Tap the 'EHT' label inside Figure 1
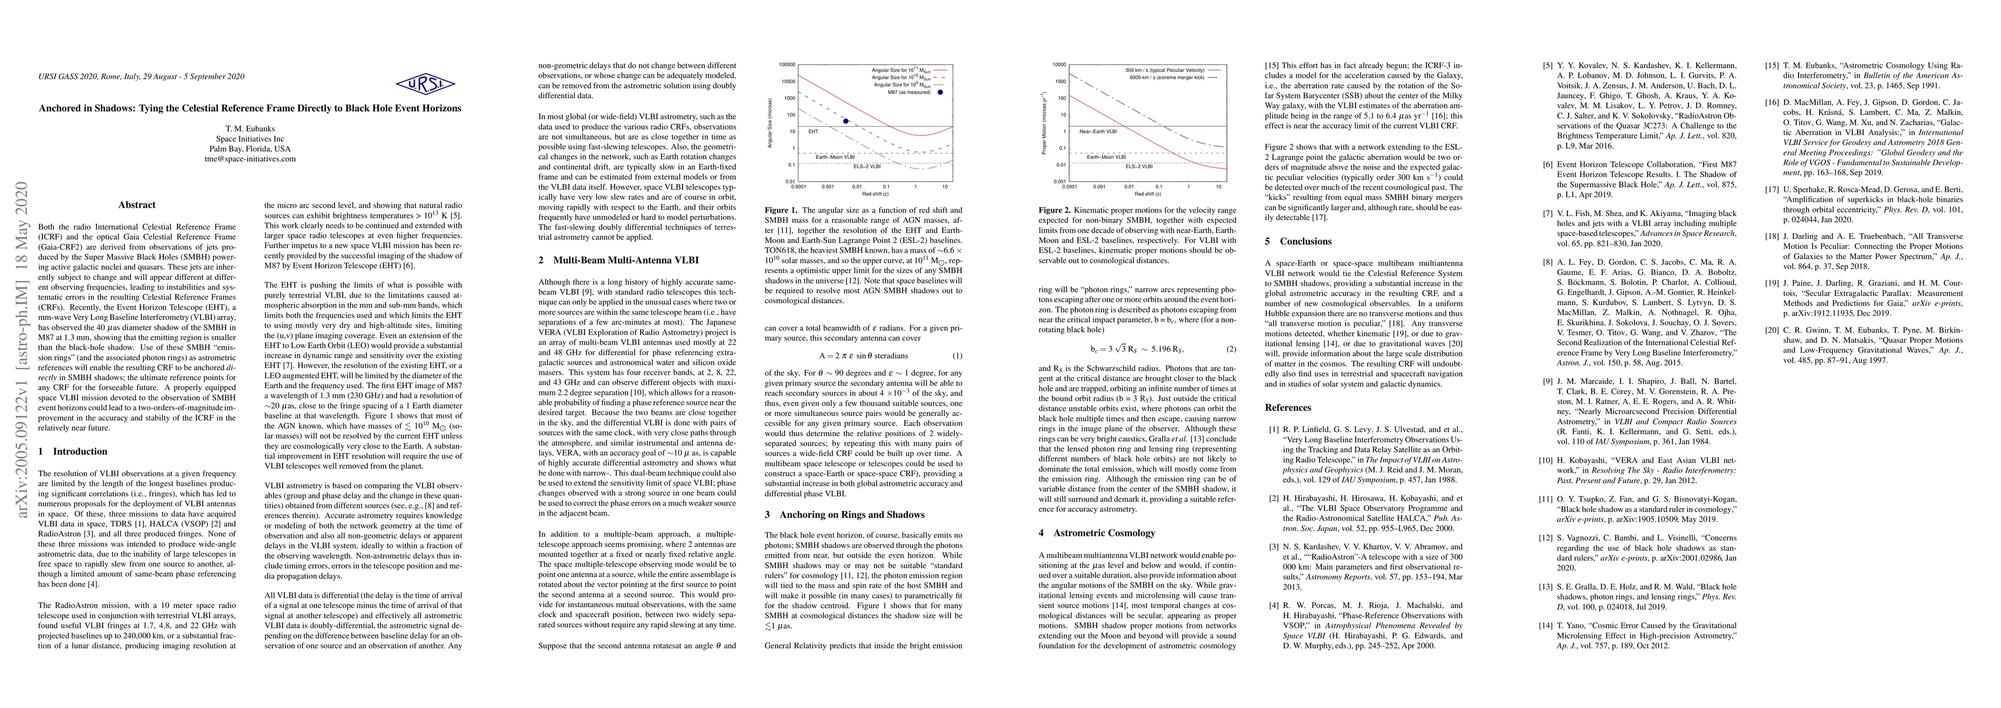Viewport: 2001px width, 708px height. coord(813,132)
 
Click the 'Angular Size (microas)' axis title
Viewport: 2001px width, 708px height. coord(769,123)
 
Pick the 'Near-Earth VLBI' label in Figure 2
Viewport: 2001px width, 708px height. coord(1098,132)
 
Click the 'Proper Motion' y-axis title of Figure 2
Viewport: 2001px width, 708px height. coord(1044,123)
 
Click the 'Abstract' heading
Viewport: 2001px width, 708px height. coord(137,205)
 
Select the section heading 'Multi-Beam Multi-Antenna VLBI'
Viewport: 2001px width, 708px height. coord(625,260)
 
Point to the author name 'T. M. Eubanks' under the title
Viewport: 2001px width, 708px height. coord(250,130)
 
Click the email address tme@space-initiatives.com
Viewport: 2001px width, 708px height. coord(250,159)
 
